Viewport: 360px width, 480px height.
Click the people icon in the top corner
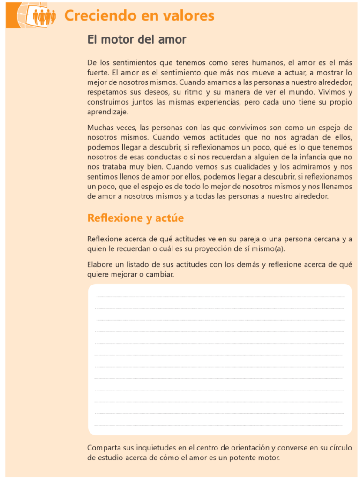[44, 16]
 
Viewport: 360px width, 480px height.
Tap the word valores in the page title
[189, 16]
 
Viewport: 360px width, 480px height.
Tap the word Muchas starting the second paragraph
[100, 127]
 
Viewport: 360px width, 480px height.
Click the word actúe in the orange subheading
[169, 218]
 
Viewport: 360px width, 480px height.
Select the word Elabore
[100, 265]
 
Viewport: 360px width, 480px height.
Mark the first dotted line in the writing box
[220, 297]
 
